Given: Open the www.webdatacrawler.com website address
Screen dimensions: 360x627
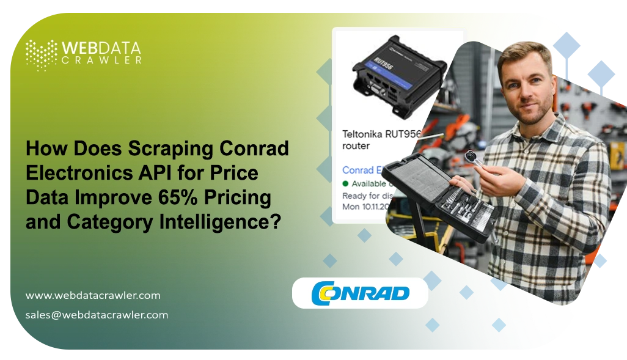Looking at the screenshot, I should click(x=93, y=295).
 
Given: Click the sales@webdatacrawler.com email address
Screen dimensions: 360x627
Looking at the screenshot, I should click(x=97, y=315).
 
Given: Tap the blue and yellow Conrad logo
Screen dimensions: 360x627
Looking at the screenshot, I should click(x=360, y=293).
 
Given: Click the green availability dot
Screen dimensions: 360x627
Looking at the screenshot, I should click(x=345, y=183).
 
